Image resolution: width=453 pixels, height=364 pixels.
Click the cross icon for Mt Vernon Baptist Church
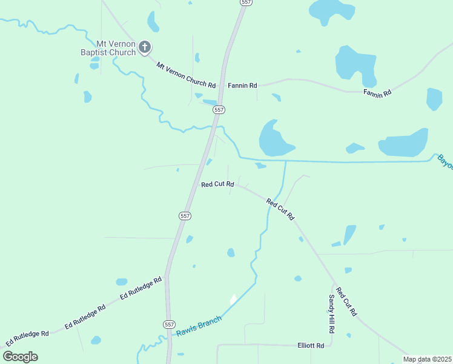pyautogui.click(x=145, y=47)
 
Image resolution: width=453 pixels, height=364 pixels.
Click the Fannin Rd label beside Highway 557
pyautogui.click(x=242, y=86)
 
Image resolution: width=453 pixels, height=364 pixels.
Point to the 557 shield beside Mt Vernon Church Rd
pyautogui.click(x=219, y=110)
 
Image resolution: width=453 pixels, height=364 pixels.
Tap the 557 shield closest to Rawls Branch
pyautogui.click(x=169, y=325)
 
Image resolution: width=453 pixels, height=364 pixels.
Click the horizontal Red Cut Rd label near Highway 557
pyautogui.click(x=217, y=184)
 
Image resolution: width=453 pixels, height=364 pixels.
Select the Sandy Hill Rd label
pyautogui.click(x=332, y=314)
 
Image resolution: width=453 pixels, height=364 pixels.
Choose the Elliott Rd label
pyautogui.click(x=311, y=345)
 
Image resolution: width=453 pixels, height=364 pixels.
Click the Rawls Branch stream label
pyautogui.click(x=199, y=325)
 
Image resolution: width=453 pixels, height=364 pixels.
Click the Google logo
pyautogui.click(x=21, y=356)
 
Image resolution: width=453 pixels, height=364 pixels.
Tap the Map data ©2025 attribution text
pyautogui.click(x=428, y=359)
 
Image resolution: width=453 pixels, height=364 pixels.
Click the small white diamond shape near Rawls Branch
pyautogui.click(x=233, y=299)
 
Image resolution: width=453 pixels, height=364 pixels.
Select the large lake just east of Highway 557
pyautogui.click(x=274, y=139)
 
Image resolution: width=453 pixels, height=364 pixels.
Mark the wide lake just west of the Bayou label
pyautogui.click(x=403, y=144)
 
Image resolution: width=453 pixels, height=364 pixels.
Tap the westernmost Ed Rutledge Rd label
pyautogui.click(x=27, y=338)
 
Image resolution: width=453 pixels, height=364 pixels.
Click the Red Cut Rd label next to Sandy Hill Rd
pyautogui.click(x=346, y=302)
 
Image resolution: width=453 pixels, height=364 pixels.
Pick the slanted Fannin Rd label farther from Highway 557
pyautogui.click(x=377, y=92)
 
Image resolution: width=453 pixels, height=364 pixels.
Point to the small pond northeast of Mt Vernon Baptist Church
pyautogui.click(x=153, y=22)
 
